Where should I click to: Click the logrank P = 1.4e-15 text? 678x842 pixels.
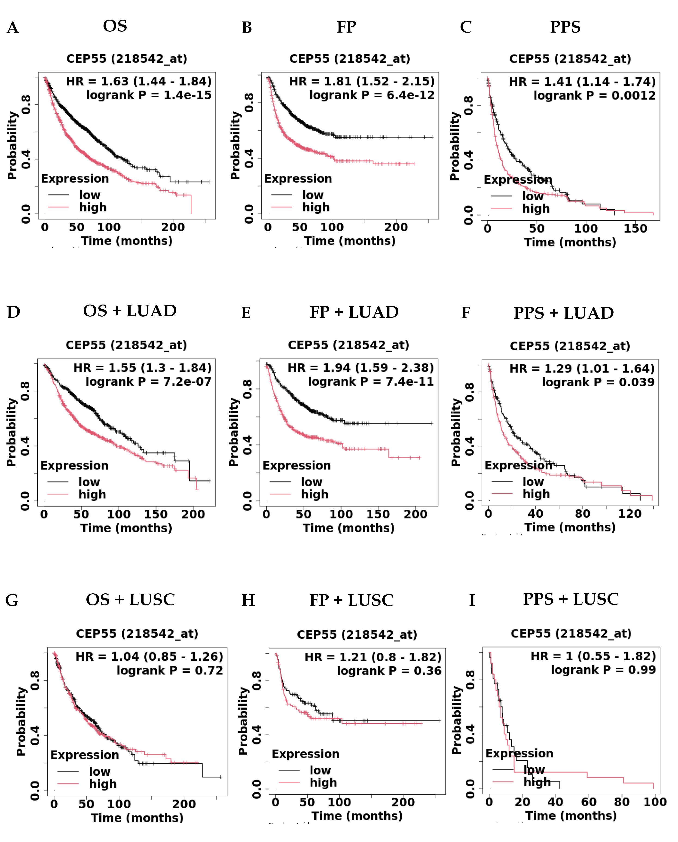coord(149,95)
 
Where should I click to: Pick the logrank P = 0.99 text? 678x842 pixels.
coord(603,670)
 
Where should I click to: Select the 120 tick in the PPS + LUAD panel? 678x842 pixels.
coord(629,514)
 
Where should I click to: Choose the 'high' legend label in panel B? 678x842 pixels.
coord(316,207)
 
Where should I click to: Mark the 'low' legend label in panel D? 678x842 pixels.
coord(89,482)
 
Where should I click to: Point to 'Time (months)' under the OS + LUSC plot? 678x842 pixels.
coord(137,818)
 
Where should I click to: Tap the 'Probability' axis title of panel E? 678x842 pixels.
coord(234,432)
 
